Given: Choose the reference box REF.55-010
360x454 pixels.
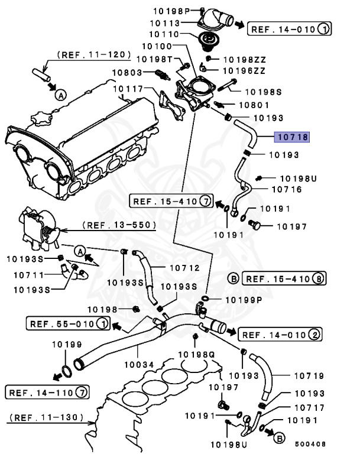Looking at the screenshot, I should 67,323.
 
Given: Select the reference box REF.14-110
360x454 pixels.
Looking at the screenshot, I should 47,391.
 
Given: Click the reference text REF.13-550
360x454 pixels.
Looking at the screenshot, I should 118,225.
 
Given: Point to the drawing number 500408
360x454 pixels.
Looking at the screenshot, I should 311,445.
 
